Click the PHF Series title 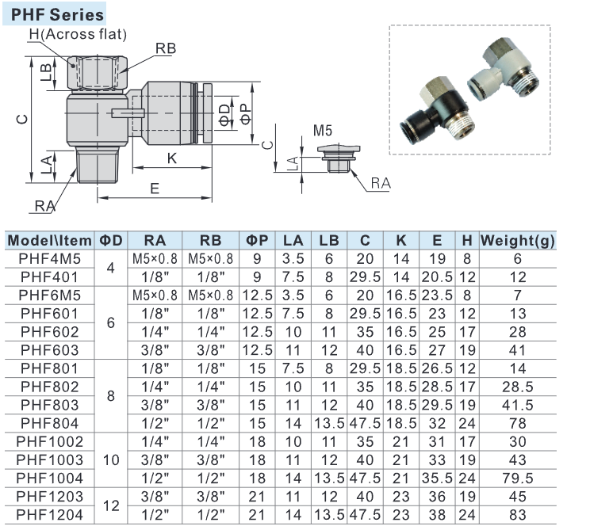tap(57, 14)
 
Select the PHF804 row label tap(50, 423)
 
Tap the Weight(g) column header tap(517, 240)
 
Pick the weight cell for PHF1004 tap(517, 478)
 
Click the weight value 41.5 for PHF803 tap(517, 405)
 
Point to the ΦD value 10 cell tap(110, 459)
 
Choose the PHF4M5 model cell tap(50, 258)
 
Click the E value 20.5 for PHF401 tap(437, 276)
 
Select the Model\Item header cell tap(50, 240)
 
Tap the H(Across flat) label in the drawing tap(78, 34)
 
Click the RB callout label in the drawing tap(165, 48)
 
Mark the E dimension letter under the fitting tap(155, 189)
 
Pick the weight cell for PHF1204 tap(517, 514)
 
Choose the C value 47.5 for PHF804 tap(365, 423)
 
